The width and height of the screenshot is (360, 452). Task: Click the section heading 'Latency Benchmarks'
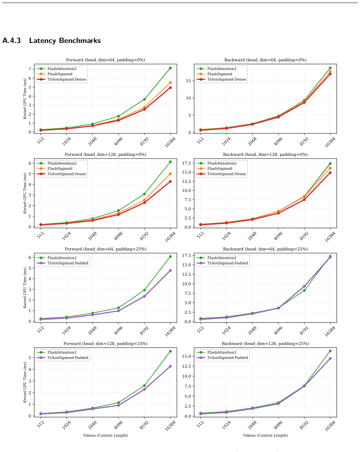65,41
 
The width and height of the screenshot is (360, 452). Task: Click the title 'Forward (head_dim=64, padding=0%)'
106,60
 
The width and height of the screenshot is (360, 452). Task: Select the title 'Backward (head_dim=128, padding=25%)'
265,344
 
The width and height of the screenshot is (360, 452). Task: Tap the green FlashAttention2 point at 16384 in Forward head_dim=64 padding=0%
170,68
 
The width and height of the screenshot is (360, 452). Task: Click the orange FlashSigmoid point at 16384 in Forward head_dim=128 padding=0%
170,174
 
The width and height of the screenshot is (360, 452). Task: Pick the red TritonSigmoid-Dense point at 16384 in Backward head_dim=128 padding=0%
330,173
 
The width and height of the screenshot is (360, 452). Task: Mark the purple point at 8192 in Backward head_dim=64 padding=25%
304,286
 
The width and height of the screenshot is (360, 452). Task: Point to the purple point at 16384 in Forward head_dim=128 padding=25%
170,366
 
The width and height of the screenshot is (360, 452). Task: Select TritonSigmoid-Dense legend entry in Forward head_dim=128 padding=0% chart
62,174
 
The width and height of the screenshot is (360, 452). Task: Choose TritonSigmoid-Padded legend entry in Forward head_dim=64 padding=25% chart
63,263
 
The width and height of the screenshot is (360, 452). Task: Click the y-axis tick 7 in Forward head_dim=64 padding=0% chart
30,69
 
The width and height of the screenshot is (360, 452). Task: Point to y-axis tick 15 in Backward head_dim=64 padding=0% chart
188,81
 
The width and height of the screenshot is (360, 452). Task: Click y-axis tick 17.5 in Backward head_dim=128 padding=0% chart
186,163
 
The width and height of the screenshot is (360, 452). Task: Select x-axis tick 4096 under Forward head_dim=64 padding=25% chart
118,330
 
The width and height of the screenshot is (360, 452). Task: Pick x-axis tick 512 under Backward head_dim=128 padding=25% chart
201,423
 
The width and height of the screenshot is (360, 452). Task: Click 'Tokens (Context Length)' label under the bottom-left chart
106,435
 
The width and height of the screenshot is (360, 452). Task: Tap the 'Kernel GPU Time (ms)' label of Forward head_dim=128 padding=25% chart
25,382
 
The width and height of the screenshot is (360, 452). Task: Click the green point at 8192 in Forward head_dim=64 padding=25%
144,290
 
